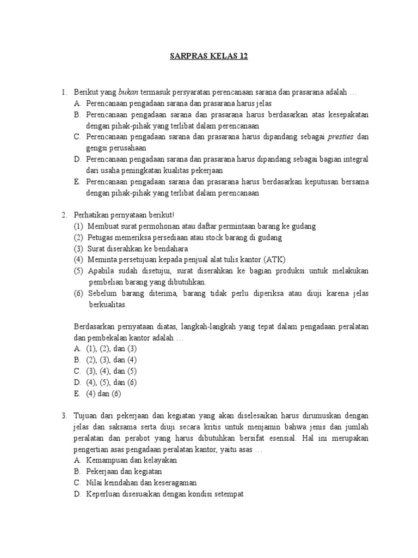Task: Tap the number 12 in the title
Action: click(242, 57)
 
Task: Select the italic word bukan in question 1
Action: click(127, 93)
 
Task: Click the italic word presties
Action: click(340, 137)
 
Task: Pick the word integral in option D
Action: click(355, 159)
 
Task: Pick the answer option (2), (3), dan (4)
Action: click(112, 360)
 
